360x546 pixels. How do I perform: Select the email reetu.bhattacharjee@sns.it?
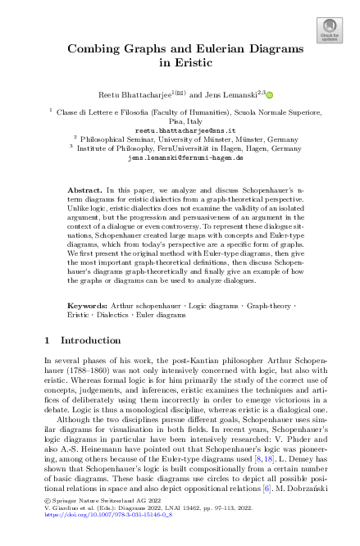179,130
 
